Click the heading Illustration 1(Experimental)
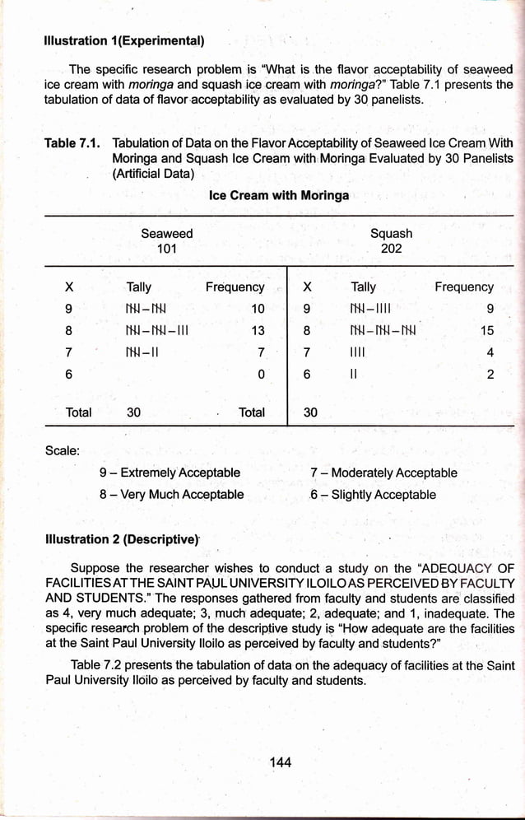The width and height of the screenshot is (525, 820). pos(125,40)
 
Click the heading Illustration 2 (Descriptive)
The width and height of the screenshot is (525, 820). pos(123,540)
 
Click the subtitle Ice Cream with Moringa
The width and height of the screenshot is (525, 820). pos(278,195)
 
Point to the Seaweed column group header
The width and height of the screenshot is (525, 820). pos(166,234)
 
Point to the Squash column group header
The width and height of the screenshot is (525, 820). pos(391,234)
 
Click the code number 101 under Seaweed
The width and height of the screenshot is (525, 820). pos(166,249)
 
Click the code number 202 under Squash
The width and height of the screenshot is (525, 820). pos(391,249)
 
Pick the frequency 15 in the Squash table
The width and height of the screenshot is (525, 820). pos(486,332)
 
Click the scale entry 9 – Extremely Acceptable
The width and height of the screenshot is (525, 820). pos(170,473)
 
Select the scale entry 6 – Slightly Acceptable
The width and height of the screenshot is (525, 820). pos(373,495)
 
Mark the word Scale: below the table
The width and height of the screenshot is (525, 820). pos(62,450)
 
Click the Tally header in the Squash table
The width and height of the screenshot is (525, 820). pos(363,287)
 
